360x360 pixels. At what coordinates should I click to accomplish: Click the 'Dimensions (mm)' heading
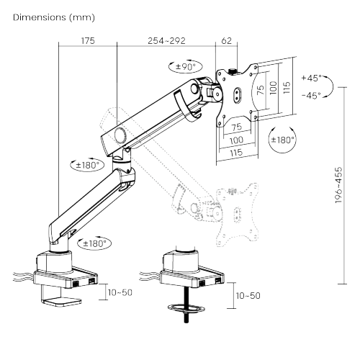(54, 17)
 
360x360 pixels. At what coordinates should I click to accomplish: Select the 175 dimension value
(88, 42)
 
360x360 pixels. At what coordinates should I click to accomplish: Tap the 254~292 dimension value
(166, 42)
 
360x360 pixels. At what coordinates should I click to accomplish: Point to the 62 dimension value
(226, 42)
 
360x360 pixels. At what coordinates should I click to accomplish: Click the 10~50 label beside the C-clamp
(120, 294)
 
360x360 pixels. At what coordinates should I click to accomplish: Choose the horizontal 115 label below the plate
(235, 153)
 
